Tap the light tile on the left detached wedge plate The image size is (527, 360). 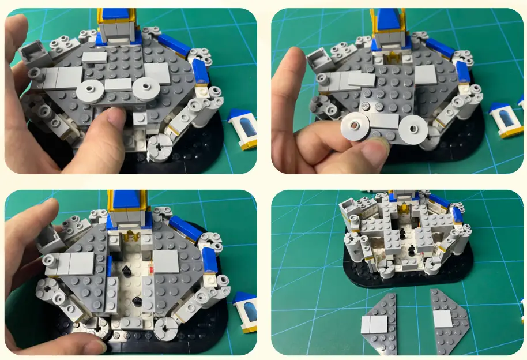373,325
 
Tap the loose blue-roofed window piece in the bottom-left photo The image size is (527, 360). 244,312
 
